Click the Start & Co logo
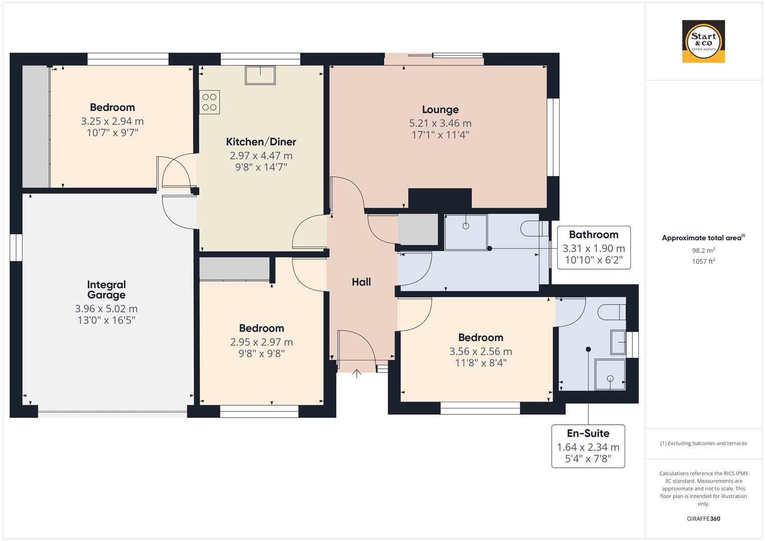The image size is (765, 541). tap(703, 41)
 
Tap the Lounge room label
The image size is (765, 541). tap(440, 110)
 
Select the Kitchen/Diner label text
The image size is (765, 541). tap(261, 142)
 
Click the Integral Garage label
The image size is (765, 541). tap(106, 290)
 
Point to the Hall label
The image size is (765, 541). tap(361, 282)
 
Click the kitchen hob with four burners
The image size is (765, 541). tap(209, 102)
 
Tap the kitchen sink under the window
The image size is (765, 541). tap(260, 75)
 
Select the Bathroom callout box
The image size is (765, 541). tap(594, 247)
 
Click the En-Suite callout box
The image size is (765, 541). tap(588, 446)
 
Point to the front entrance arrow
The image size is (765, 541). tap(357, 373)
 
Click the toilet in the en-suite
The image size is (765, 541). tap(612, 312)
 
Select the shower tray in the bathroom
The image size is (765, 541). tap(466, 232)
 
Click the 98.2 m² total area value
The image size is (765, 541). tap(703, 250)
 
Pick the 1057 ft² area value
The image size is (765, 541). tap(703, 261)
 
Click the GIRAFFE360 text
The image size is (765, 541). tap(703, 518)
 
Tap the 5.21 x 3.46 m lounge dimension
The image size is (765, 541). tap(440, 123)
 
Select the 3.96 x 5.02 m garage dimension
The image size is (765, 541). tap(106, 309)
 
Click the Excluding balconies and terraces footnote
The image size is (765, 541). tap(703, 443)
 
